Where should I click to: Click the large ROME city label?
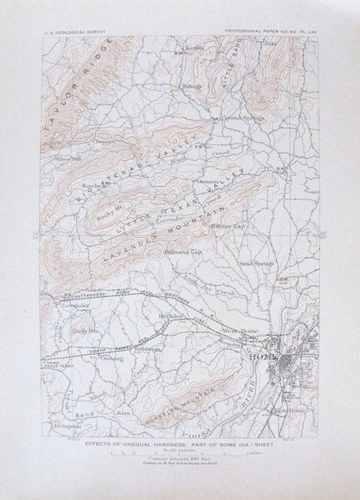point(263,356)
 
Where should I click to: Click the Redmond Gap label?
point(183,252)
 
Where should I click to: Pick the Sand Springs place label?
point(256,263)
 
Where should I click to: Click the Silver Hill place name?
point(67,159)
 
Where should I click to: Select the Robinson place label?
point(146,350)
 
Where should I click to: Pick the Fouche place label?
point(92,185)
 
